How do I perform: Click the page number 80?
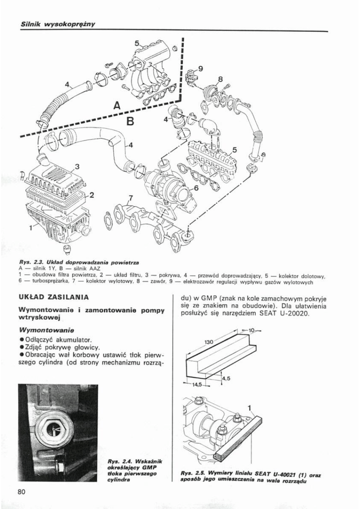tap(22, 491)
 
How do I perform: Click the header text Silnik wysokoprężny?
tap(58, 24)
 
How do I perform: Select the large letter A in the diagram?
tap(117, 106)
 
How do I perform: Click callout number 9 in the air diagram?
tap(200, 69)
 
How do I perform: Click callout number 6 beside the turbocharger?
tap(196, 188)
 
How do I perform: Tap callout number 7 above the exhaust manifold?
tap(130, 198)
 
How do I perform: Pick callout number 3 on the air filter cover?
tap(78, 166)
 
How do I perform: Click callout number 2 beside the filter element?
tap(92, 195)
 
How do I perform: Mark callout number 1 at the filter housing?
tap(31, 227)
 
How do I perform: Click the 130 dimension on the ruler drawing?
tap(209, 342)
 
